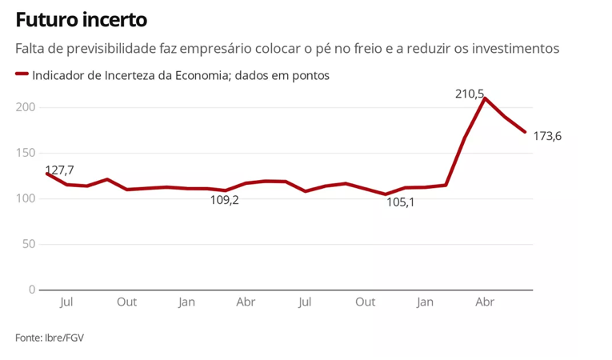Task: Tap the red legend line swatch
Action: point(22,74)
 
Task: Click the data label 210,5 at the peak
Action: point(470,94)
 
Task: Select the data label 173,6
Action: point(547,136)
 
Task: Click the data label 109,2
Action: point(225,200)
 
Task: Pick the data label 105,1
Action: point(400,202)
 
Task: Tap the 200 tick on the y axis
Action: point(26,107)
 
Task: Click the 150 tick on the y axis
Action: point(26,153)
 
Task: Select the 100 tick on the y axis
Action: point(26,198)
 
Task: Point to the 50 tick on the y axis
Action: point(29,244)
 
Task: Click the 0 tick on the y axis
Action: point(32,290)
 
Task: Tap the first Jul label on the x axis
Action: point(66,302)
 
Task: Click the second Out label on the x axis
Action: point(365,302)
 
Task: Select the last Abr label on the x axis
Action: point(485,302)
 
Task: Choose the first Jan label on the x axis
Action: point(186,302)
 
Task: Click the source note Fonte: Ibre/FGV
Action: point(50,338)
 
